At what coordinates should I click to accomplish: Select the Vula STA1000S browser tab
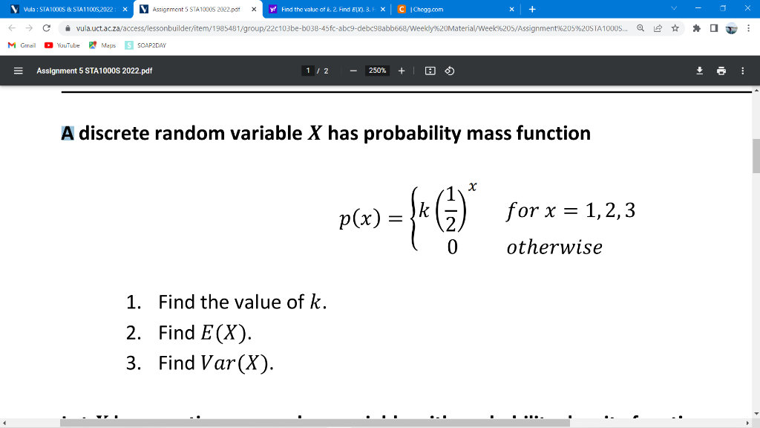(x=63, y=10)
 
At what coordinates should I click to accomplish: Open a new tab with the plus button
(x=532, y=10)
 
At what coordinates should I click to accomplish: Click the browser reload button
(x=47, y=28)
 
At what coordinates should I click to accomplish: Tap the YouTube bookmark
(x=62, y=45)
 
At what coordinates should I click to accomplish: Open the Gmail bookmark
(x=22, y=45)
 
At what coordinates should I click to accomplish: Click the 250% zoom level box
(x=377, y=71)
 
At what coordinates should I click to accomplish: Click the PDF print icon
(x=721, y=71)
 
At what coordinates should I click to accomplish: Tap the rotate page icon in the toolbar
(x=449, y=71)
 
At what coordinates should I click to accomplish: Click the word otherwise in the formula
(x=554, y=247)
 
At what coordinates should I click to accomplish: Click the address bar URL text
(x=349, y=29)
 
